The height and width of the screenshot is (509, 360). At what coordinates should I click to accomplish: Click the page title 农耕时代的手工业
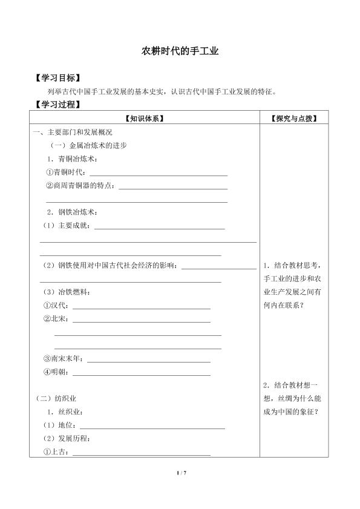click(180, 52)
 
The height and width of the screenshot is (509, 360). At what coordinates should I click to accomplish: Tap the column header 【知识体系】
click(144, 118)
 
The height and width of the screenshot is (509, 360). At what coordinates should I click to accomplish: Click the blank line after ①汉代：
click(141, 307)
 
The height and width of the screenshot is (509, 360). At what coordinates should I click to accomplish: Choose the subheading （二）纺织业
click(57, 398)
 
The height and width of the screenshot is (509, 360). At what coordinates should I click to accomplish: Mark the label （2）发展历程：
click(66, 438)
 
